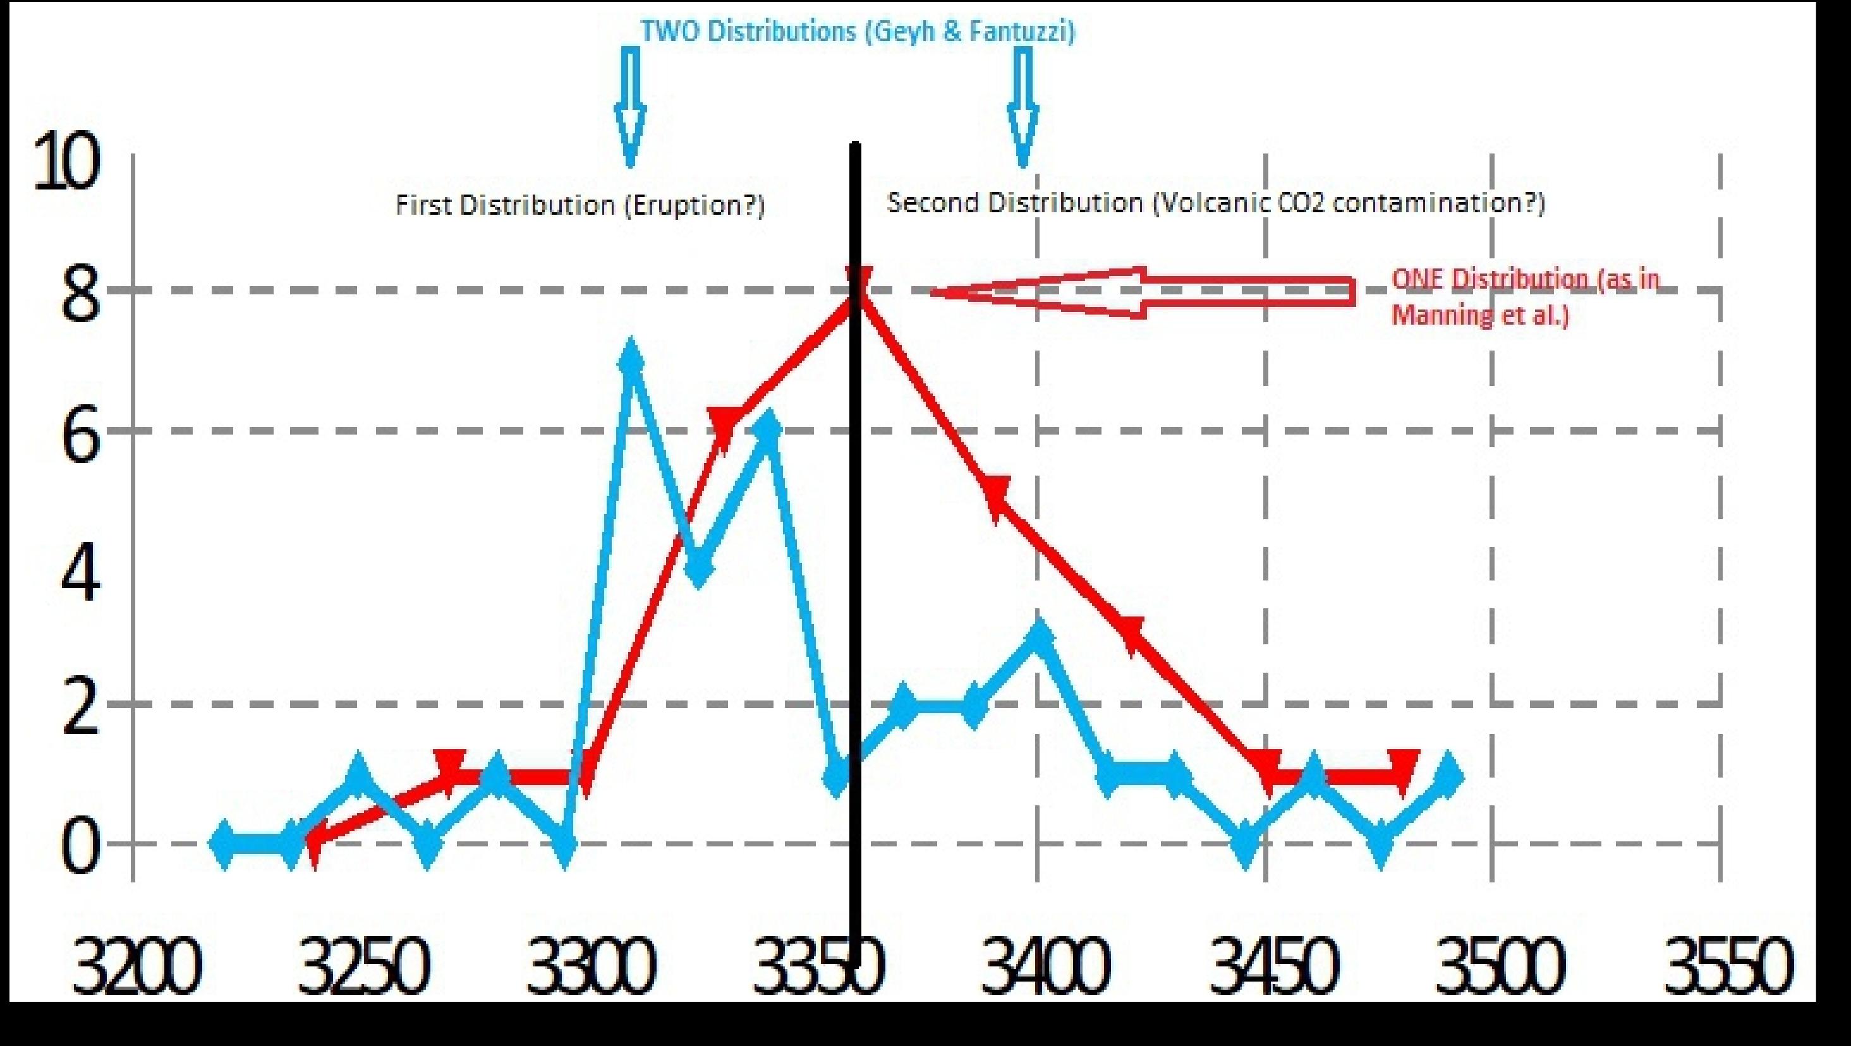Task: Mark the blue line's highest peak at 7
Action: [630, 359]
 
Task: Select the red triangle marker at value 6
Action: [724, 425]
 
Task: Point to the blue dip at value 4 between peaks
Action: [698, 568]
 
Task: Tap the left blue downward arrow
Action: [630, 108]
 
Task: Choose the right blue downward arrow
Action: [1023, 108]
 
